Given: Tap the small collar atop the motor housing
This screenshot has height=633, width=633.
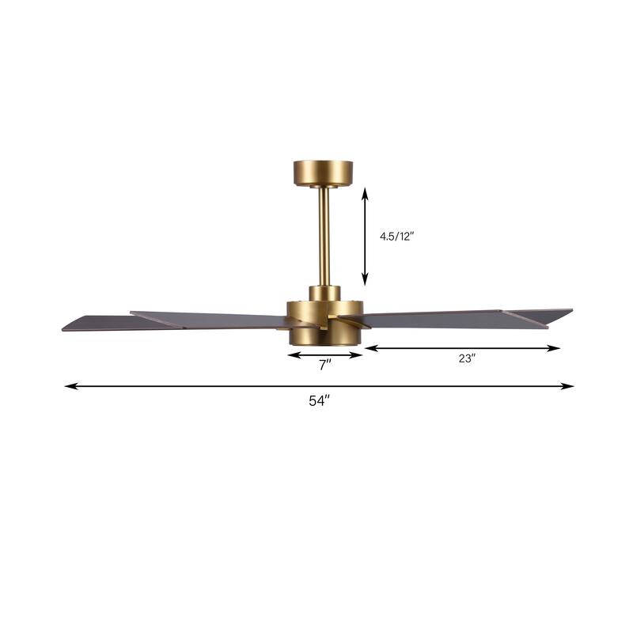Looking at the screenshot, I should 324,292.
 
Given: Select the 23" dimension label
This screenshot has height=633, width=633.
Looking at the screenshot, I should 466,358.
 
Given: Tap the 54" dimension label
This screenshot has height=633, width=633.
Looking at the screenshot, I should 318,401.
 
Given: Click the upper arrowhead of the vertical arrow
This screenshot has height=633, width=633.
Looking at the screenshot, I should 365,191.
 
